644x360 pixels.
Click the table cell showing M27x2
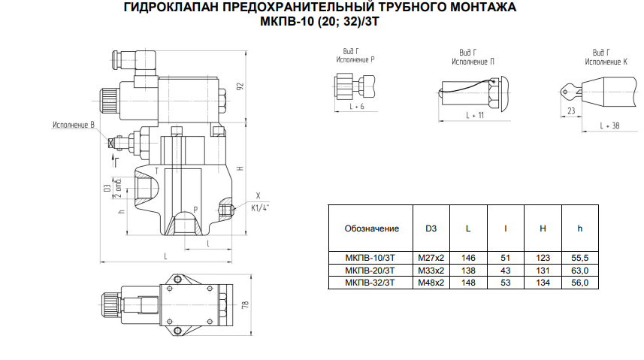point(431,258)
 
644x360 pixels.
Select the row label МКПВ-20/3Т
point(370,271)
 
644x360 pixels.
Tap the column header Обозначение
point(372,228)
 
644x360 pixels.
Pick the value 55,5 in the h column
point(579,258)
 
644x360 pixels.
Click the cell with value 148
point(468,283)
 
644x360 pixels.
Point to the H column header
point(543,228)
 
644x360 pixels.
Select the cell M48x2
point(431,283)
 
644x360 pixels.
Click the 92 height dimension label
point(240,86)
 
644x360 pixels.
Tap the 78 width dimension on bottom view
point(245,304)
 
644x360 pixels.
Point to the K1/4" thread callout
point(260,208)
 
